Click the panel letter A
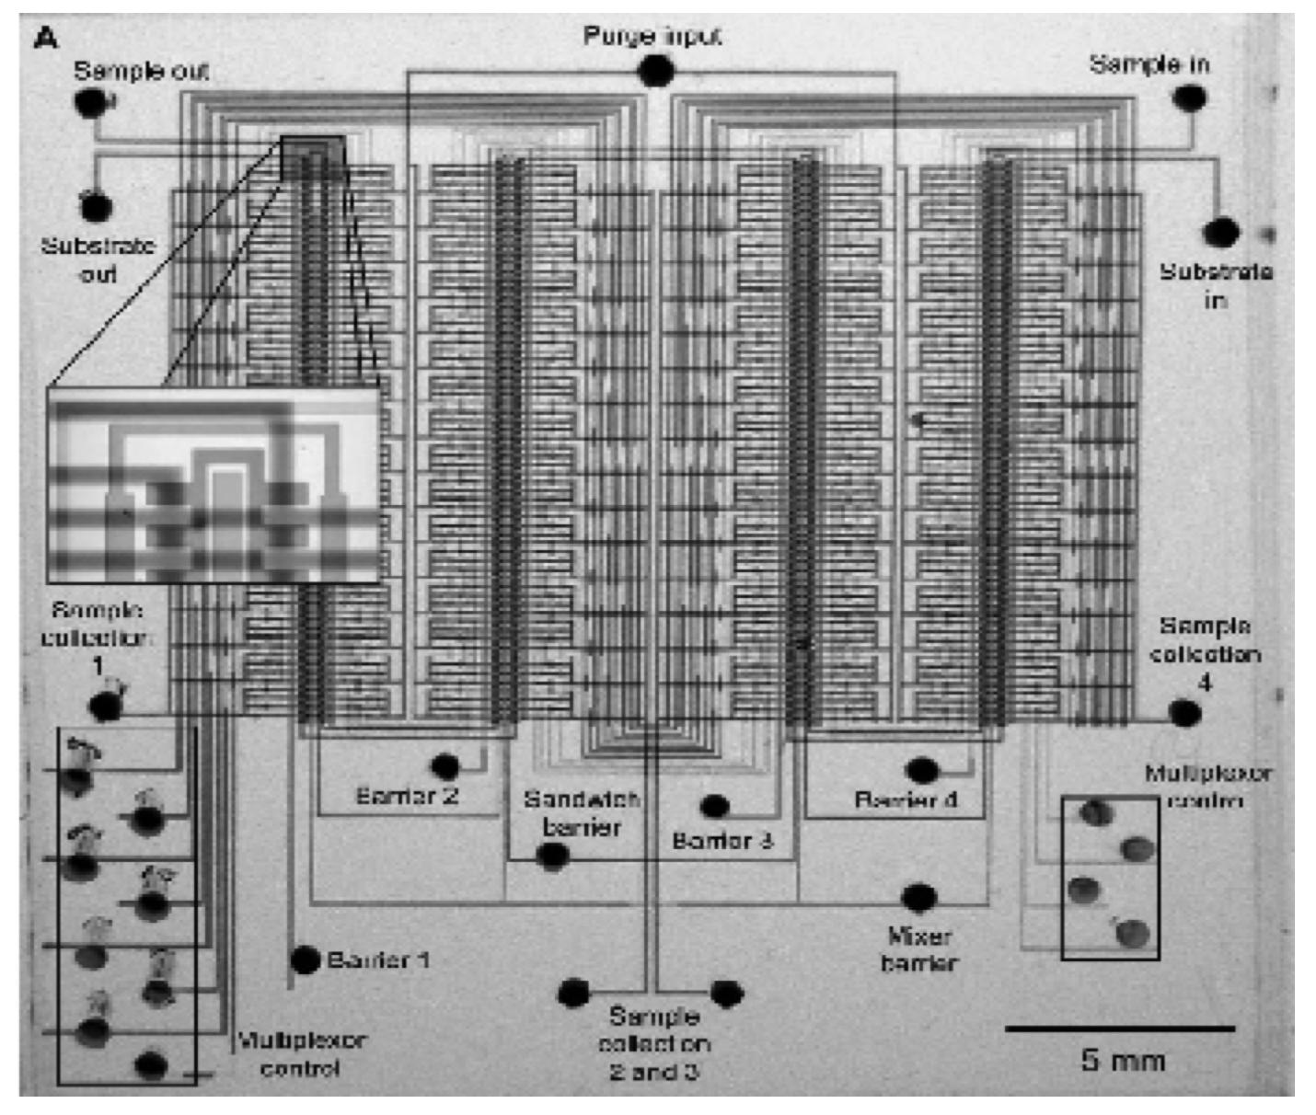pos(46,39)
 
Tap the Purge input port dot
pos(654,71)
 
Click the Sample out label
pos(141,71)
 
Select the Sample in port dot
pos(1189,98)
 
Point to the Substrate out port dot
pos(95,207)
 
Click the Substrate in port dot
pos(1220,233)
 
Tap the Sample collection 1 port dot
pos(106,707)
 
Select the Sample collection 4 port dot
pos(1184,713)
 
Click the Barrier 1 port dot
pos(305,960)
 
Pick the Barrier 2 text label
pos(407,796)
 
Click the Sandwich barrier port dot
pos(552,856)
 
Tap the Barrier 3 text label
pos(722,840)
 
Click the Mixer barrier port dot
pos(918,897)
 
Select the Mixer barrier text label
pos(919,949)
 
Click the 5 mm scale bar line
pos(1119,1029)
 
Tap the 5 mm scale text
pos(1123,1061)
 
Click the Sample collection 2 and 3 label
pos(654,1043)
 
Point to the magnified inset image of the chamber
pos(214,485)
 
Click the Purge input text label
pos(652,36)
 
